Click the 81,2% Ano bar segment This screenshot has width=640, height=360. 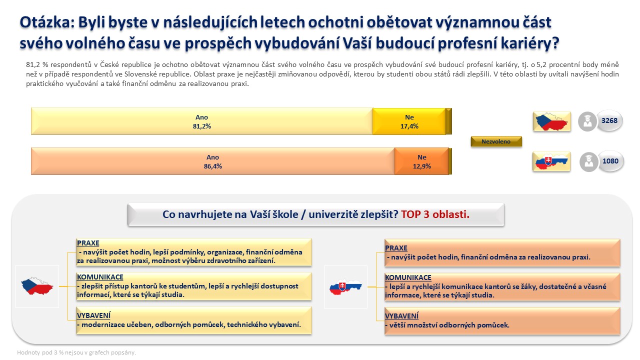(x=202, y=121)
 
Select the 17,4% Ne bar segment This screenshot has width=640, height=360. (x=409, y=121)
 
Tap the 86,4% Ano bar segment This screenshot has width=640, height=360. (x=213, y=161)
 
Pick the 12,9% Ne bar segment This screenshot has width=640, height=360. (x=421, y=161)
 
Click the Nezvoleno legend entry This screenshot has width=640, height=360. (x=496, y=141)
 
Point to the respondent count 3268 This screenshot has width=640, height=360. (x=609, y=120)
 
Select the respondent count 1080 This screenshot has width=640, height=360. (x=610, y=161)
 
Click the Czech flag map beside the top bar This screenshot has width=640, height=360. (x=551, y=121)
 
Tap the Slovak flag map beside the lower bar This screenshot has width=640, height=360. (x=551, y=161)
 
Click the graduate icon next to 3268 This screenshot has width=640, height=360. (x=587, y=121)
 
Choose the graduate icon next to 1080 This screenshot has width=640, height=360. (x=588, y=162)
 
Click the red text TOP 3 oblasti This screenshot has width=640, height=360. (x=435, y=214)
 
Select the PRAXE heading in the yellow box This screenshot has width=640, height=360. (x=88, y=243)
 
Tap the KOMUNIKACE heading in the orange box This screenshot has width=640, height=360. (x=408, y=277)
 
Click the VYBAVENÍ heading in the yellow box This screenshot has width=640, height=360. (x=93, y=315)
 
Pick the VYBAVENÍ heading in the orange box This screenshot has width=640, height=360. (x=401, y=316)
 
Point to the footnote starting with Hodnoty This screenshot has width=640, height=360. (x=76, y=352)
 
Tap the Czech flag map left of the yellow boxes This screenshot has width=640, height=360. (x=37, y=286)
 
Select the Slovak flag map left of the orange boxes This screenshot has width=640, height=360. (x=345, y=287)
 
